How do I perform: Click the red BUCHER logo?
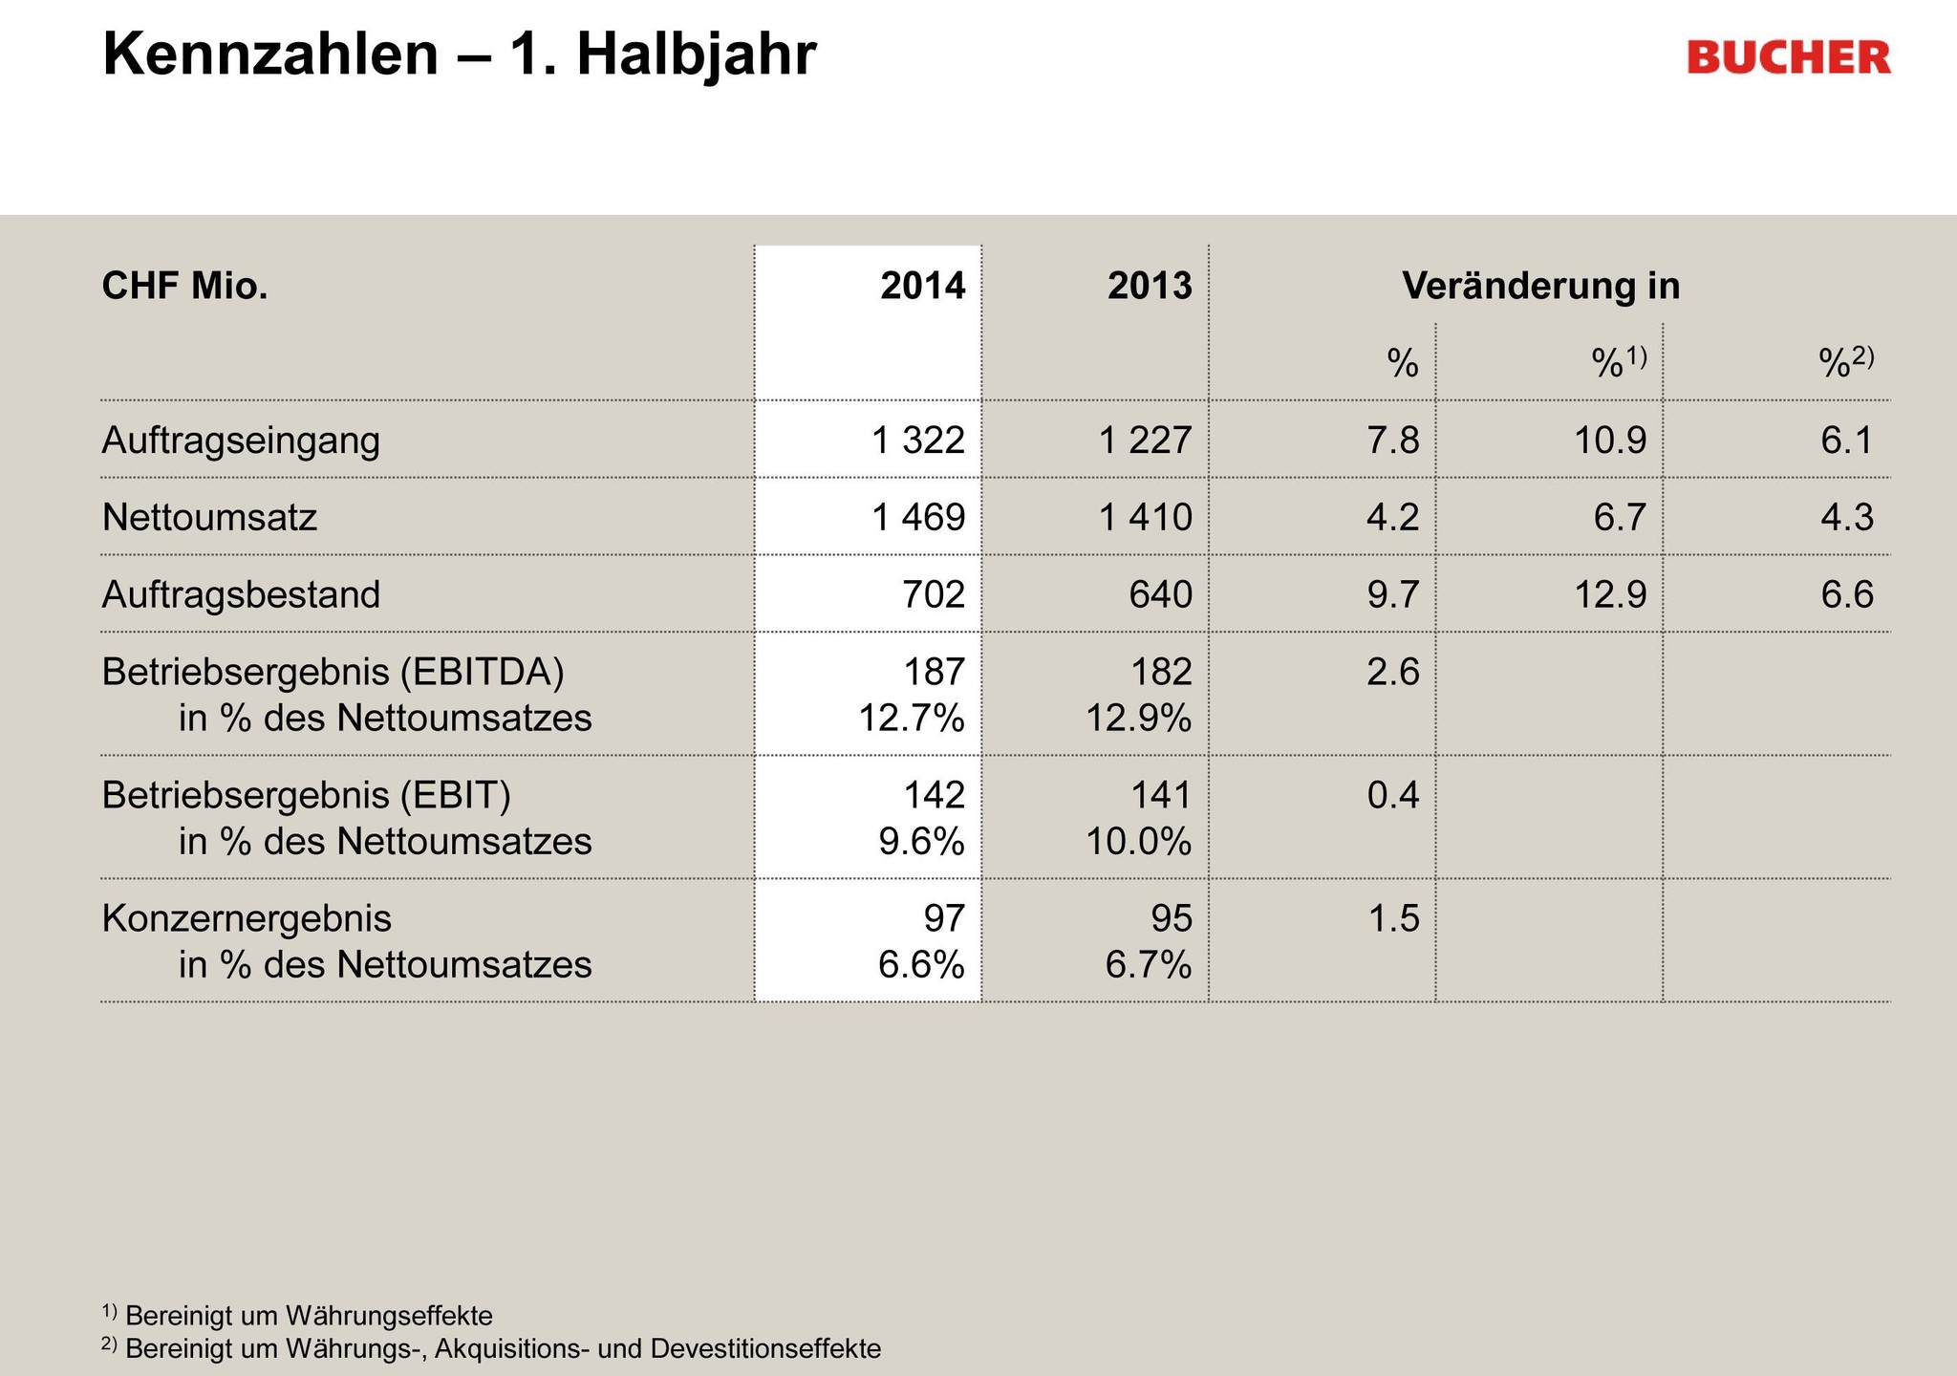point(1788,57)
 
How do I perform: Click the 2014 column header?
point(922,286)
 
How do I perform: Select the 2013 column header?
point(1150,286)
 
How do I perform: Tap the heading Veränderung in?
point(1540,286)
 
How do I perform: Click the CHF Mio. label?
point(184,286)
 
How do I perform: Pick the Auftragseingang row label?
point(241,440)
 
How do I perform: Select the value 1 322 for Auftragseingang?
point(918,440)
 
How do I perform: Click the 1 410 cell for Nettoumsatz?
point(1146,517)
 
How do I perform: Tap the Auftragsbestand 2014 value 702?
point(934,594)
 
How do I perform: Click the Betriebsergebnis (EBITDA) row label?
point(333,672)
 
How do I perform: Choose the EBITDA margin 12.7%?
point(912,718)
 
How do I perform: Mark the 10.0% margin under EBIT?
point(1138,842)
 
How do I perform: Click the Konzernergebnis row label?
point(247,918)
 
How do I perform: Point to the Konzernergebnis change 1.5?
point(1393,918)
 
